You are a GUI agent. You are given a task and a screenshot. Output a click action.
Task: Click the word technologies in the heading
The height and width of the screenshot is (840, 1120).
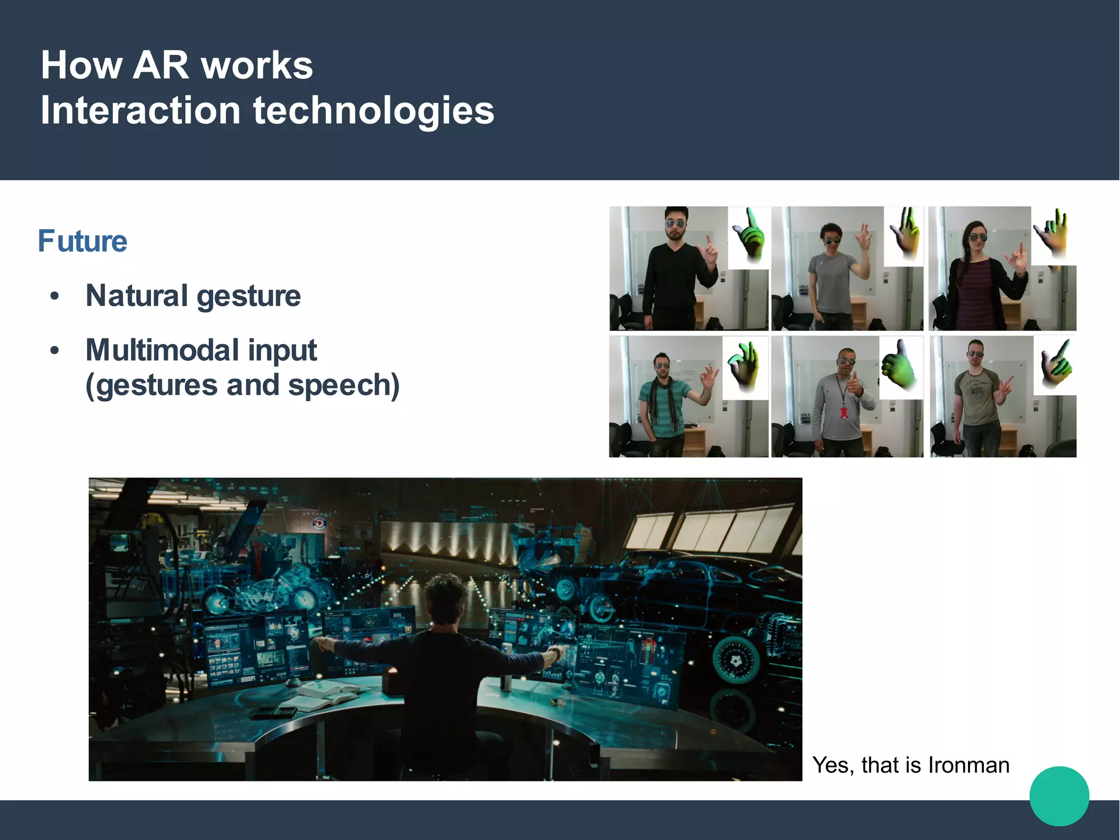click(x=374, y=111)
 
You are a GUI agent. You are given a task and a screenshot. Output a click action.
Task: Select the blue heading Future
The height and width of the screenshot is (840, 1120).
click(x=83, y=241)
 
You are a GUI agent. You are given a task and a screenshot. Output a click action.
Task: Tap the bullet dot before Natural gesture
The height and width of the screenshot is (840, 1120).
click(x=54, y=297)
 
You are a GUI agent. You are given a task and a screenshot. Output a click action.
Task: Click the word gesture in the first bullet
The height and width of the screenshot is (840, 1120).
click(x=248, y=297)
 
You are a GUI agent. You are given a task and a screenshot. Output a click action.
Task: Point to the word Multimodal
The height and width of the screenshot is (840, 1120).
click(x=162, y=350)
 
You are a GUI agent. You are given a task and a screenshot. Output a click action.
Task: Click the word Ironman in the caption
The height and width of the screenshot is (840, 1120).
click(x=969, y=765)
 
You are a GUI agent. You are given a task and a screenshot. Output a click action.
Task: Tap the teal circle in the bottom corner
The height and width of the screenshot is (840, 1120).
click(x=1059, y=796)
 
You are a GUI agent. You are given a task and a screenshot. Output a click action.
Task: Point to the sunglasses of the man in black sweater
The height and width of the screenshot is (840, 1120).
click(x=675, y=223)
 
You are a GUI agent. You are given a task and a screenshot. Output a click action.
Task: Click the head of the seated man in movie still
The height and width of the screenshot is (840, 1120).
click(x=445, y=599)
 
